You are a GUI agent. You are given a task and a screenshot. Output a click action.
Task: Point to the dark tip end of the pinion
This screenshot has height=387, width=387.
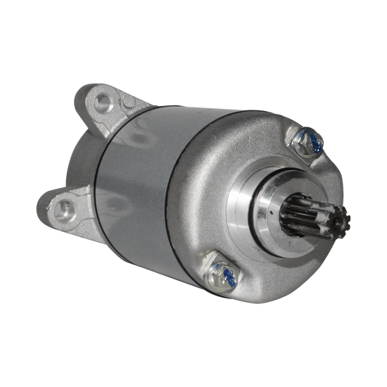point(346,227)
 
